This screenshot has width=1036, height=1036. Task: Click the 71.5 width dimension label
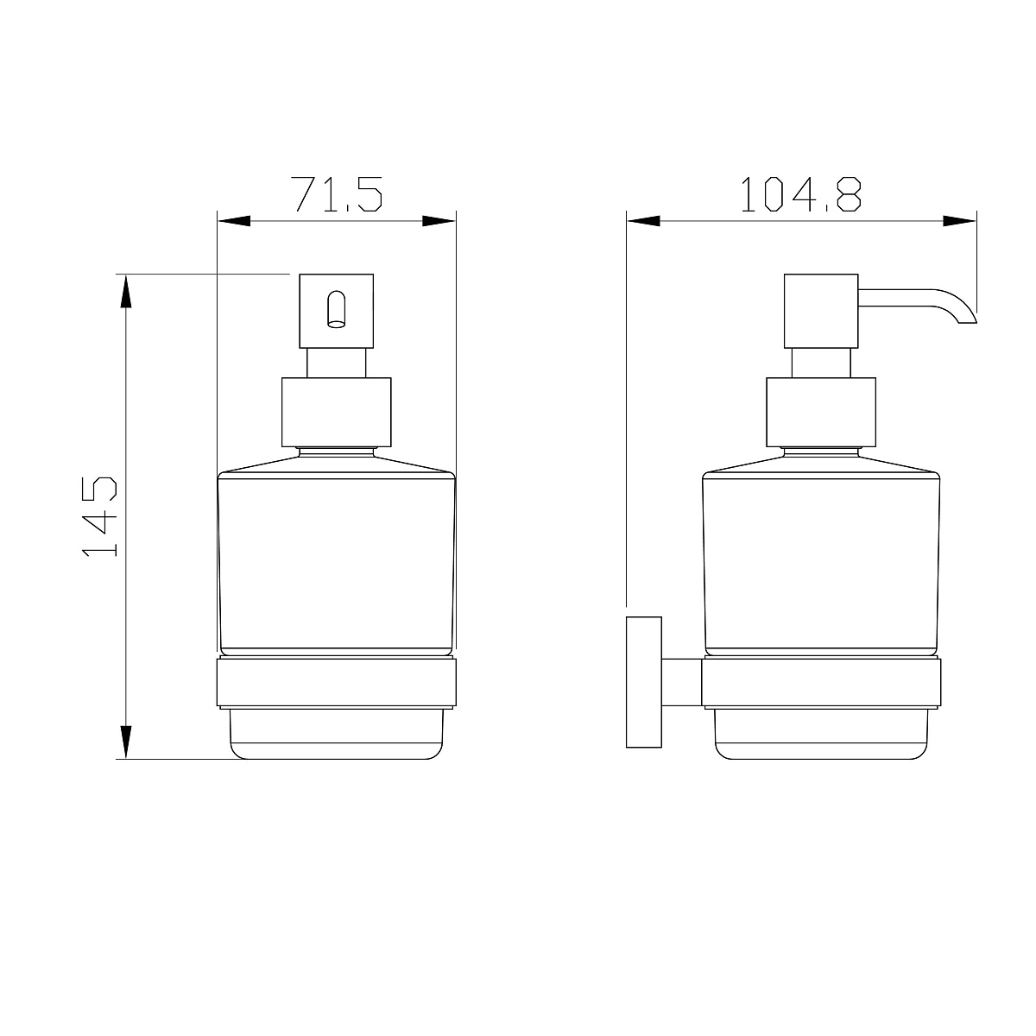(336, 193)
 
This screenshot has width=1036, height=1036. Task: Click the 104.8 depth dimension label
(800, 194)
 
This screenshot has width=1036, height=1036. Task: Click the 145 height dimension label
(99, 516)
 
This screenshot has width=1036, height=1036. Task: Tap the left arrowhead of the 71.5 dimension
(235, 221)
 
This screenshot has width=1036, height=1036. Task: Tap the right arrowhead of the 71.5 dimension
(439, 221)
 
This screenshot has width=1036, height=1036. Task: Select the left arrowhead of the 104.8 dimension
(643, 221)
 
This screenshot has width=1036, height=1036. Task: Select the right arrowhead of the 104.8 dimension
(960, 221)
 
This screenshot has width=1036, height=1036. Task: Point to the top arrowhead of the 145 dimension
(126, 292)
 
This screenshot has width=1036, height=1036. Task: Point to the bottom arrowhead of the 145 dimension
(126, 742)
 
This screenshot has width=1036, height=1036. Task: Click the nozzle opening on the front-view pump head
(337, 309)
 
